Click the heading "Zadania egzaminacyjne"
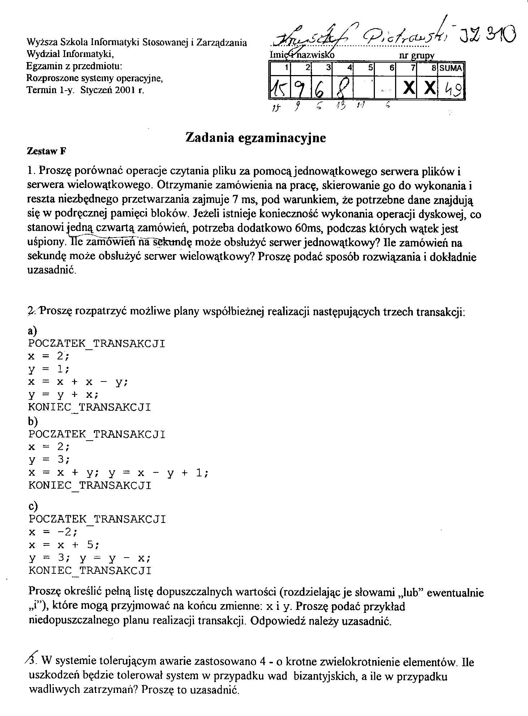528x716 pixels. (x=255, y=138)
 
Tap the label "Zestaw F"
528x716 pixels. (x=47, y=151)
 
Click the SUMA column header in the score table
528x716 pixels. (x=451, y=68)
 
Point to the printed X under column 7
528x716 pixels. (x=408, y=88)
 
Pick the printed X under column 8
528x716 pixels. (x=429, y=88)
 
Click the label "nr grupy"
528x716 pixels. (x=416, y=56)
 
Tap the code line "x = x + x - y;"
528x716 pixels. (x=78, y=382)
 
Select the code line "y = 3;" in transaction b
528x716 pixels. (x=49, y=460)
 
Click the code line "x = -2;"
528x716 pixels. (x=53, y=532)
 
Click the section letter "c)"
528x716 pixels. (x=33, y=506)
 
